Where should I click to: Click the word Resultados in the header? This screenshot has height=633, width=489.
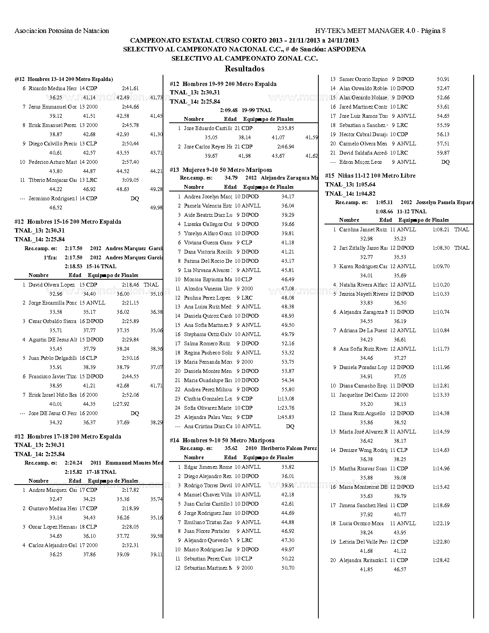click(x=244, y=69)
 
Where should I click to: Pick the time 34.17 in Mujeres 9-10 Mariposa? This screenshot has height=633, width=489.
click(x=288, y=196)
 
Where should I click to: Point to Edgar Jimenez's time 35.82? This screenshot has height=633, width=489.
click(x=288, y=467)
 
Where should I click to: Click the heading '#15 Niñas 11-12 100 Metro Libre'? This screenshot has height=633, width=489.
click(x=370, y=176)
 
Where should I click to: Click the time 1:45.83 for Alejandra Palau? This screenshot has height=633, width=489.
click(x=286, y=417)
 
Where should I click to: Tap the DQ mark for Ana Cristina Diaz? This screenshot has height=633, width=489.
click(x=290, y=426)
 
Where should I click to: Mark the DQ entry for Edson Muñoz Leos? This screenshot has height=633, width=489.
click(x=445, y=162)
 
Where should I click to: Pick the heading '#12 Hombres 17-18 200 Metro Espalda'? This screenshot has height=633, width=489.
click(x=68, y=437)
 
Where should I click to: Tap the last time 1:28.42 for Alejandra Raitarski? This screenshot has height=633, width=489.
click(x=441, y=560)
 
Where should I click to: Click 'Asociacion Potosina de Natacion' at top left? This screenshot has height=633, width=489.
click(x=62, y=31)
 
